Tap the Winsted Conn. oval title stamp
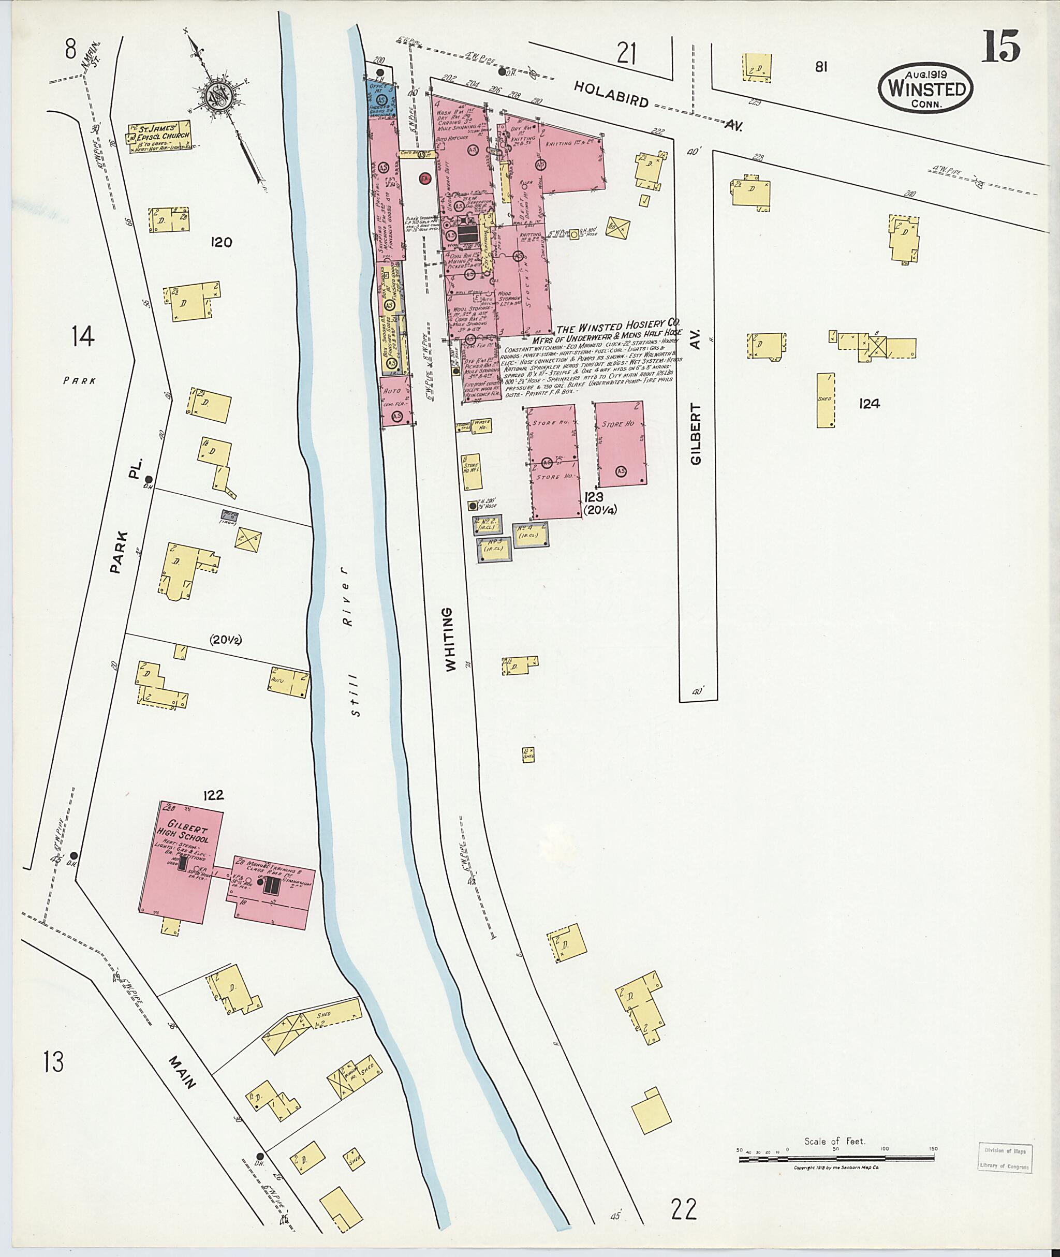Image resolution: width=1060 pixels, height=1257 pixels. click(x=926, y=89)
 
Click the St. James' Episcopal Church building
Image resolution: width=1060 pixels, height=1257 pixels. click(x=157, y=138)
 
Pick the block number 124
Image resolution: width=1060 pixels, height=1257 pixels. click(x=869, y=404)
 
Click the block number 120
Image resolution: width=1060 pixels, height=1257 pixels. click(x=221, y=243)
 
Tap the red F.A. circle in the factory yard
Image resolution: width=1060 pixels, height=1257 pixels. click(x=425, y=179)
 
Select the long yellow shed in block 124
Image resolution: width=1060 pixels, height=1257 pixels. click(x=825, y=400)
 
